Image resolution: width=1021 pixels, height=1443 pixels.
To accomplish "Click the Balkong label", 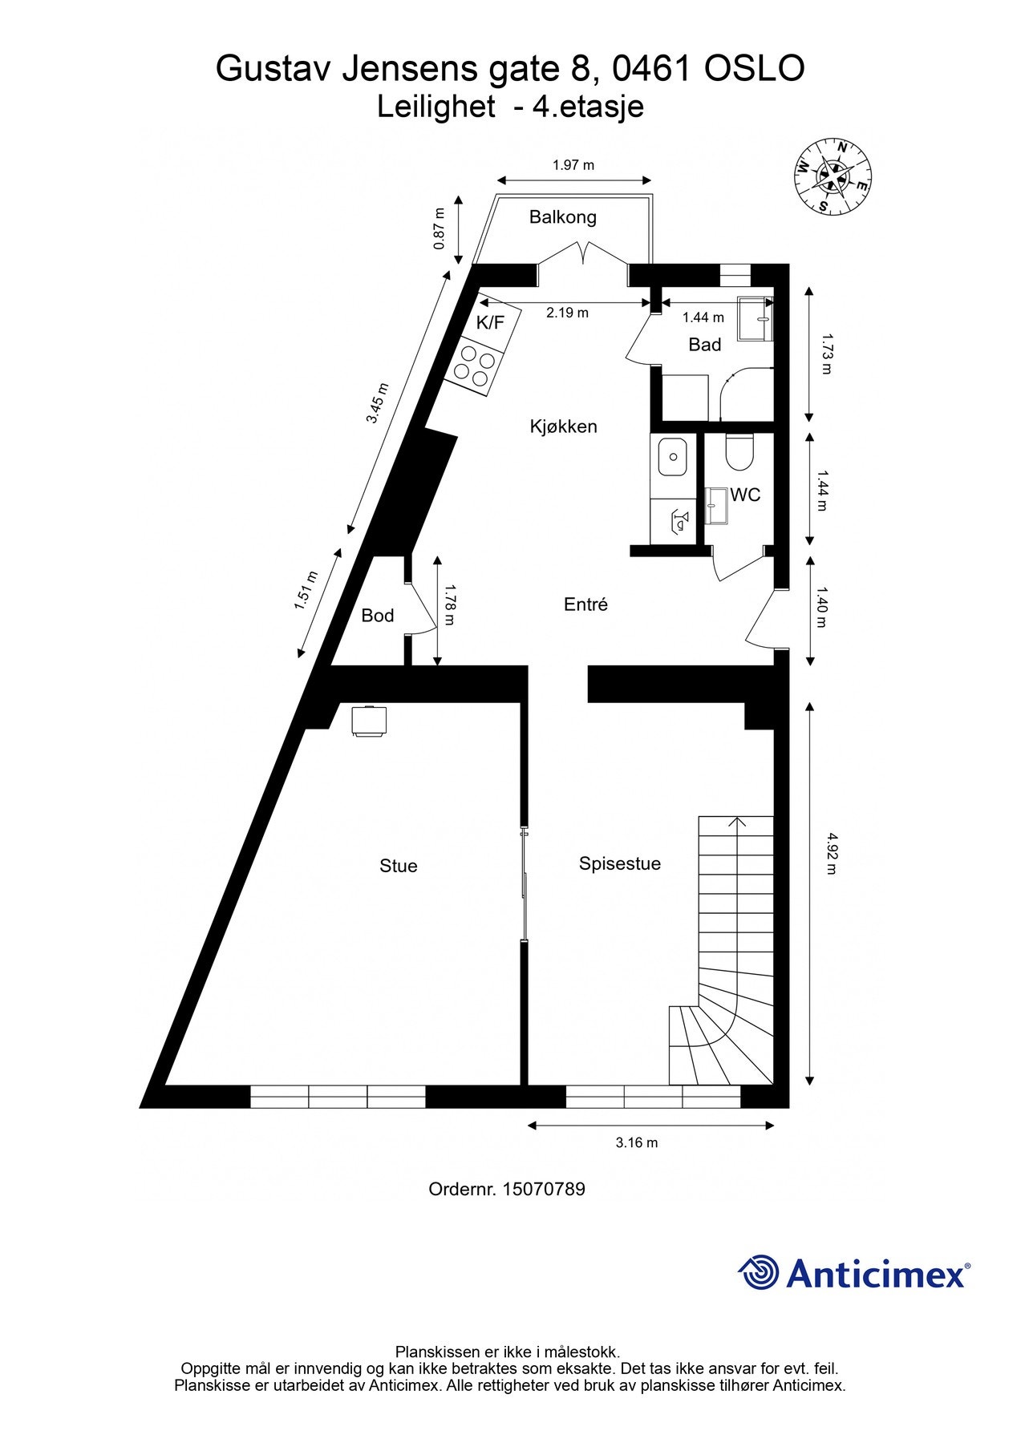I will click(562, 216).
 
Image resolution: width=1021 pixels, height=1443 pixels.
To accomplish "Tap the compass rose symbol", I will click(834, 177).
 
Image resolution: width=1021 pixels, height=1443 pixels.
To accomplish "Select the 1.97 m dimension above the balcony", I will click(573, 165).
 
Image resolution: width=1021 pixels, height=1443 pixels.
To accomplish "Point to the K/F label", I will click(490, 322).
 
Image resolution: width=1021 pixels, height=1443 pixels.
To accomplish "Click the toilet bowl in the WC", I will click(739, 453).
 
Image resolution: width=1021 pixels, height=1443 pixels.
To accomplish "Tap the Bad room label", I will click(704, 345).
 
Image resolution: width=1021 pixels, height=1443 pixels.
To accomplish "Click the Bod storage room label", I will click(377, 616).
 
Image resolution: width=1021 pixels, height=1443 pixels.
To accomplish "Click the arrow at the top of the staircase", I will click(737, 821).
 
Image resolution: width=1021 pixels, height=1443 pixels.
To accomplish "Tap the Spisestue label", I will click(619, 863).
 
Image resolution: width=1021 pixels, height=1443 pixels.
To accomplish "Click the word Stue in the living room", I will click(398, 866).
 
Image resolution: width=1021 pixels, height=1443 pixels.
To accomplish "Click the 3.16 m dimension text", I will click(636, 1142).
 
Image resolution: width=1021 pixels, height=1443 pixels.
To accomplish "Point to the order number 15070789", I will click(543, 1189).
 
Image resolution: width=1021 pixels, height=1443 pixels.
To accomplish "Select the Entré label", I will click(585, 604).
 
